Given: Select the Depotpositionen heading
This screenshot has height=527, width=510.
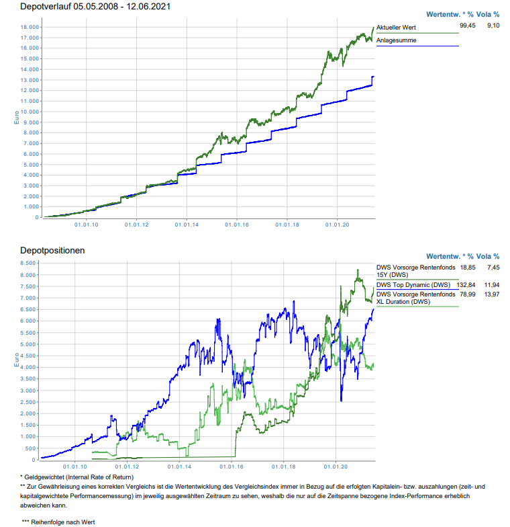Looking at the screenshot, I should pos(52,250).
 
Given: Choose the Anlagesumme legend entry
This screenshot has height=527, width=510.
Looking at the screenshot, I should pos(396,40).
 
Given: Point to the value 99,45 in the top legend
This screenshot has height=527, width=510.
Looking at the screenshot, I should pos(467,25).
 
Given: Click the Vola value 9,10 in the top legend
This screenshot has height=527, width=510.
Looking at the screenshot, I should pos(493,25).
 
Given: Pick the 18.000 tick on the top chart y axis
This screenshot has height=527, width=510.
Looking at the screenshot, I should pos(29,27).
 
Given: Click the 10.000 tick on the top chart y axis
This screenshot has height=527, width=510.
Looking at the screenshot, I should pos(29,112).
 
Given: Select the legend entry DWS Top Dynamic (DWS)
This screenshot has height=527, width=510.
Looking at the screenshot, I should pos(413,285).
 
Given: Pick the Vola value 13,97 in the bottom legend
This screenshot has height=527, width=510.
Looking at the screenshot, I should pos(493,294).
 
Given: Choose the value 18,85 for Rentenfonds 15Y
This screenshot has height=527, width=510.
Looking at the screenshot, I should pos(467,267).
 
